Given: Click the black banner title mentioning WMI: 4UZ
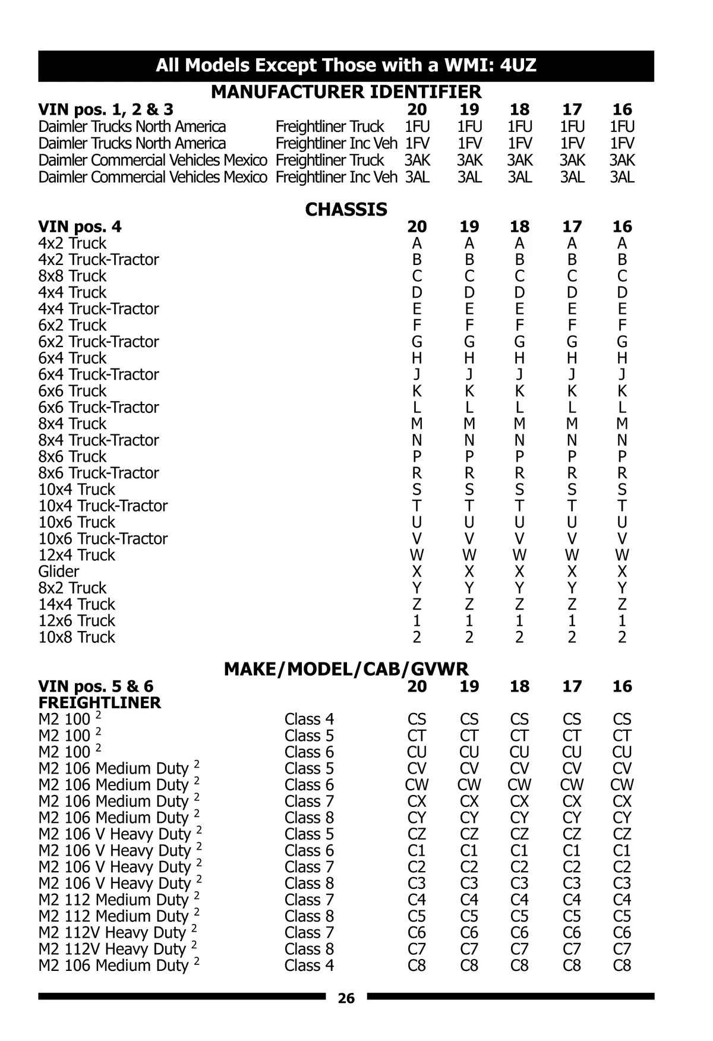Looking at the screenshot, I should click(346, 65).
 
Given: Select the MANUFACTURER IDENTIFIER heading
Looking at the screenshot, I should click(346, 92).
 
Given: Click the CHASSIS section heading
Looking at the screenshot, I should click(346, 209).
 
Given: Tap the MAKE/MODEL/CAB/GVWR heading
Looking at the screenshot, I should click(346, 669).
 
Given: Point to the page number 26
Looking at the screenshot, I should click(346, 998).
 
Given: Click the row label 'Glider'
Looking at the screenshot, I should click(59, 572).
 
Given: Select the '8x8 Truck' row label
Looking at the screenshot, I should click(72, 276).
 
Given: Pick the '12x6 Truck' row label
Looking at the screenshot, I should click(77, 621).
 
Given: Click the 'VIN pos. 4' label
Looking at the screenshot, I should click(80, 226).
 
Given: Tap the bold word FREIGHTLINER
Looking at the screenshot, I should click(99, 703).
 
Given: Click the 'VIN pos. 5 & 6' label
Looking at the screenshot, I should click(96, 686).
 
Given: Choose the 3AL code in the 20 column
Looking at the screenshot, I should click(417, 177).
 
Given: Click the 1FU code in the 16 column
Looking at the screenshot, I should click(622, 127).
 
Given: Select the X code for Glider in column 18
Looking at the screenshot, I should click(519, 572).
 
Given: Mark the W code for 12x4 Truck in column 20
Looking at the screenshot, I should click(417, 555).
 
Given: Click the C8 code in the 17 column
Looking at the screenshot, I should click(572, 966).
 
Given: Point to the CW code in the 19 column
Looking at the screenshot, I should click(469, 785).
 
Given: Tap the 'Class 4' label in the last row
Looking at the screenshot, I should click(309, 966).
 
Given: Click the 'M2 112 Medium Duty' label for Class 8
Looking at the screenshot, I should click(113, 916).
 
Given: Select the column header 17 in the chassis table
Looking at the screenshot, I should click(572, 226).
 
